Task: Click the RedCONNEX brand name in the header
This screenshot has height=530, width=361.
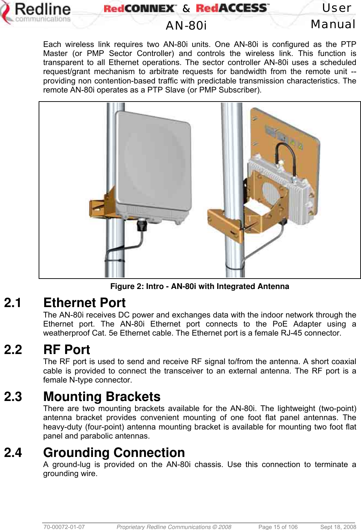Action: pos(140,8)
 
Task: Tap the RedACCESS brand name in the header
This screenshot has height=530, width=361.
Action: pos(232,8)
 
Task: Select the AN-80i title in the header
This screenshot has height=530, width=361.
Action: pos(186,25)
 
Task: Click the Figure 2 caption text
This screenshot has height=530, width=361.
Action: pos(199,287)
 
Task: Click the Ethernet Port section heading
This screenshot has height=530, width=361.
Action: pos(84,303)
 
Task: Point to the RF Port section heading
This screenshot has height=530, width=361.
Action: pos(66,350)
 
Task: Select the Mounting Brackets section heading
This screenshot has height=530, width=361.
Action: pos(102,396)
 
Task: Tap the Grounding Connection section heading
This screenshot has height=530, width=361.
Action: pos(114,452)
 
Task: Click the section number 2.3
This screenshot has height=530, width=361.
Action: pos(13,397)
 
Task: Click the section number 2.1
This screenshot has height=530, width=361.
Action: pos(13,303)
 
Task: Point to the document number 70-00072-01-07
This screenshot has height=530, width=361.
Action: pos(64,527)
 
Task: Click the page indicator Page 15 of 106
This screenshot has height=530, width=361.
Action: pos(278,527)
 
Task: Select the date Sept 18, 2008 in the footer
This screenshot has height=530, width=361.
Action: pos(338,527)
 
